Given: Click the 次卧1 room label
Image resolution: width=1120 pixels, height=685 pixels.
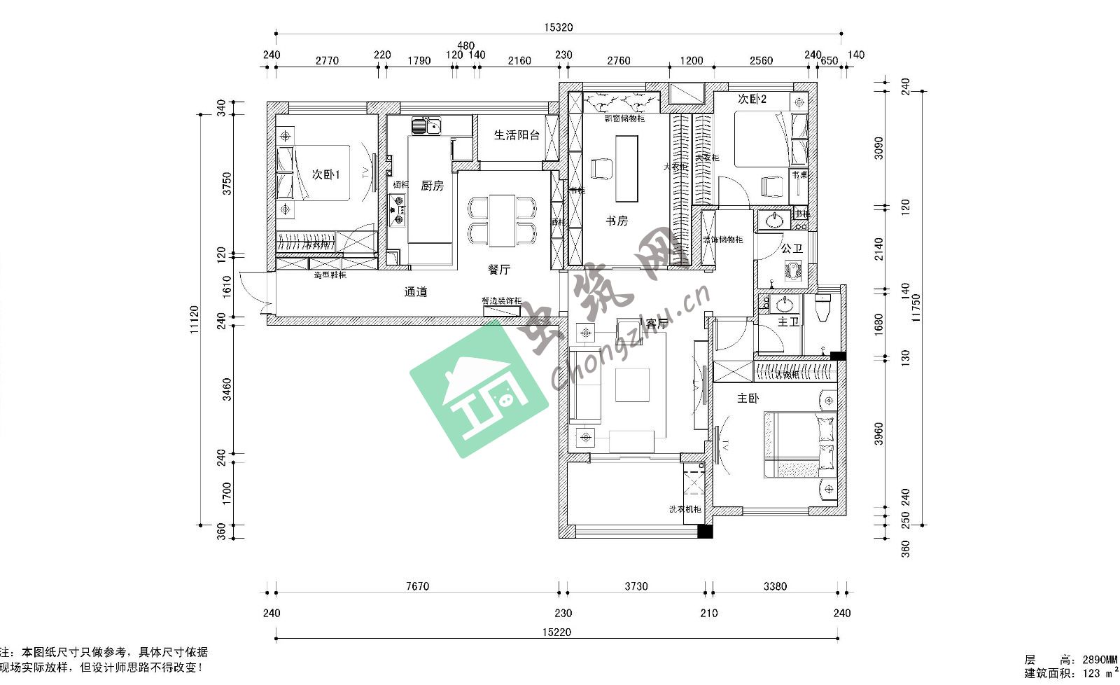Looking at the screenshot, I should [325, 174].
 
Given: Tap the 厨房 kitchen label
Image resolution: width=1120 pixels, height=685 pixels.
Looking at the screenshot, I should [432, 186].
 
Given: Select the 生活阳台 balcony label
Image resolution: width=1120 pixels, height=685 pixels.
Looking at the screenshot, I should [517, 135].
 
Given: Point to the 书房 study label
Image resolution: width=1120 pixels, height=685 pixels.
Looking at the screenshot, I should [617, 221].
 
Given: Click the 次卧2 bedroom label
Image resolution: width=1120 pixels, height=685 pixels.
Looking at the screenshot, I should [752, 99].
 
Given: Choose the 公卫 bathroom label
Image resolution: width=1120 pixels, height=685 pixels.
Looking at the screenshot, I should [792, 249].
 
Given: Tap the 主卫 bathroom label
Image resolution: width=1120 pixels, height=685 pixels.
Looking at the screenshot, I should [788, 321].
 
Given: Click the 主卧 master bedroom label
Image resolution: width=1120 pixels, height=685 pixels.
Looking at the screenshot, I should [748, 399].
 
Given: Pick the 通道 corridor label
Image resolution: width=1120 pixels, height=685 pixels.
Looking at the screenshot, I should [416, 292].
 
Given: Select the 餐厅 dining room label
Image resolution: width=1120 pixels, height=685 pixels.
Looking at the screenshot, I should [499, 269].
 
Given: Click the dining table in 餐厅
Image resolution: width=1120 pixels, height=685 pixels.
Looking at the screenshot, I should [502, 221].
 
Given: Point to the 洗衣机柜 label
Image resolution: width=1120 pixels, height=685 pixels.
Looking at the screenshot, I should [685, 509].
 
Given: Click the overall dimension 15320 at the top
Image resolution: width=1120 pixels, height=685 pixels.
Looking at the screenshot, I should [558, 27].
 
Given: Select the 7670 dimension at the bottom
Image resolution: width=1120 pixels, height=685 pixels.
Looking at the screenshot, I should [417, 586].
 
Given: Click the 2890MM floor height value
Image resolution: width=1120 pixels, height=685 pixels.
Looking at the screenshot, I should [1100, 660].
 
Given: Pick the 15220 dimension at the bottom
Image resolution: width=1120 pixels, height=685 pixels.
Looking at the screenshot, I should [557, 632].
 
